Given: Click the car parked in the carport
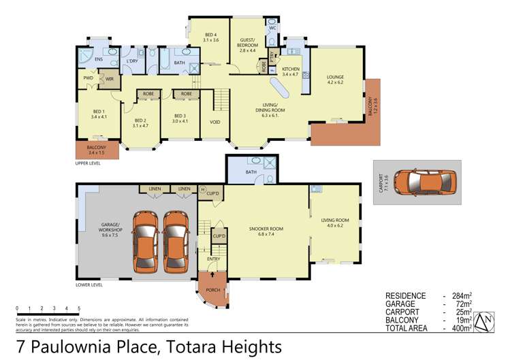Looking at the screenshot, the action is point(425,182).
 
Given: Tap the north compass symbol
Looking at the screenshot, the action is point(484,322).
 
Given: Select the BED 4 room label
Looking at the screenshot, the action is point(211,37).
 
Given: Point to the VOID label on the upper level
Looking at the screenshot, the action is point(215,122).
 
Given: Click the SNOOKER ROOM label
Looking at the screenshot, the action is point(266,231).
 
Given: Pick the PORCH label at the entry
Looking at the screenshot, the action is point(213,290).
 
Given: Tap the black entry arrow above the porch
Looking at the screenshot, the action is point(212,274).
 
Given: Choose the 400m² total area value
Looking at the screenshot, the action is point(462,328).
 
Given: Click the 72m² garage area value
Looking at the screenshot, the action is point(464,304).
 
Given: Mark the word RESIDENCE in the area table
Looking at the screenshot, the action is point(405,296).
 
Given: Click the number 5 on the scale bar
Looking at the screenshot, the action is point(79,308).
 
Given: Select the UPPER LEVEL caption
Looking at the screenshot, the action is point(88,163).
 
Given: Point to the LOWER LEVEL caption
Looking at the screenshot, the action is point(89,285).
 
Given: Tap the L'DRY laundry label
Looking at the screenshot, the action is point(132,61).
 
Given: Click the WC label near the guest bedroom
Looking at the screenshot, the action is point(272,28).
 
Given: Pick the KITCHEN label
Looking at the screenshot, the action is point(291,69).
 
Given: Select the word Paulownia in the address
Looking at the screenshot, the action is point(95,346).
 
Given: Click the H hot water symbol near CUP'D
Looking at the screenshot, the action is point(203,189).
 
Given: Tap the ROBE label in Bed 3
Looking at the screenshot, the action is point(187,94).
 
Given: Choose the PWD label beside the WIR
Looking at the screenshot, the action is point(88,78).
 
